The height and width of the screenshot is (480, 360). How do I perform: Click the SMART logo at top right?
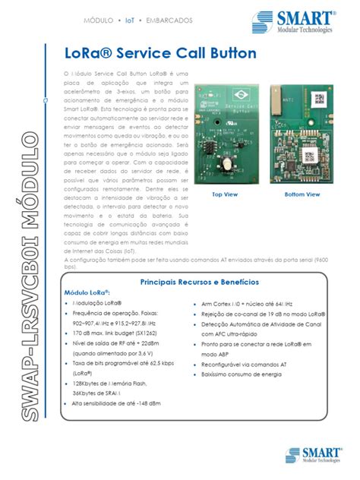click(x=304, y=22)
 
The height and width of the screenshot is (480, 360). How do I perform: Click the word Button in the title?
click(x=230, y=54)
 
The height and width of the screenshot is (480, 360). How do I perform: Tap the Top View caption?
click(x=225, y=195)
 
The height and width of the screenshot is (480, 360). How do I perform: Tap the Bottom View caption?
click(x=302, y=195)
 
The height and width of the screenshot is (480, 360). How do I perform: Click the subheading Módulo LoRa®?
click(x=87, y=292)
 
